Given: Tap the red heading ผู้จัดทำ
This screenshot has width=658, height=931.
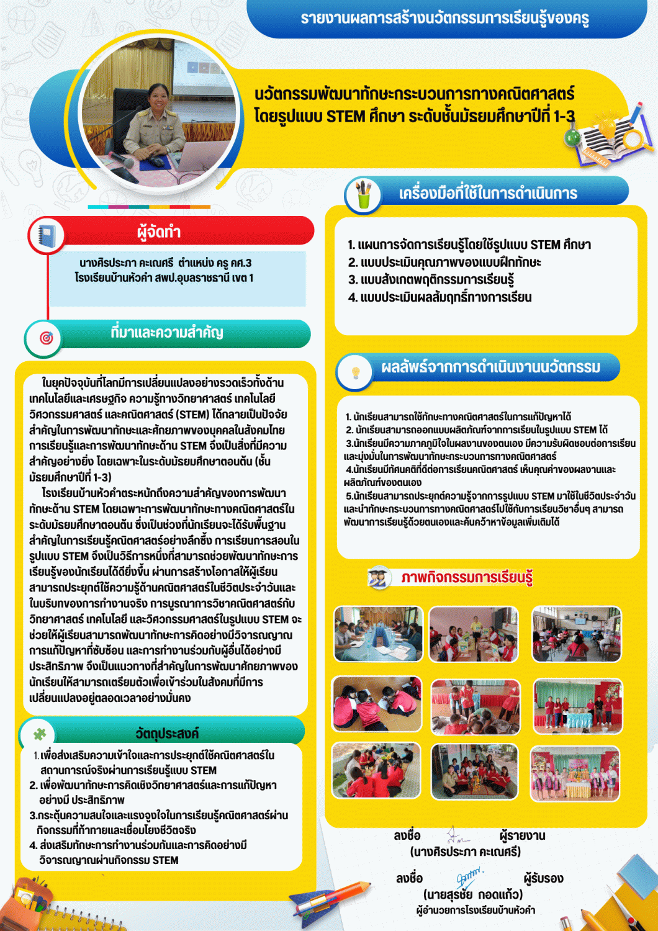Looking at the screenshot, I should pos(159,232).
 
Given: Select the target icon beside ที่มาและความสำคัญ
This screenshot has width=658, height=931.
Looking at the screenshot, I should pos(46,338).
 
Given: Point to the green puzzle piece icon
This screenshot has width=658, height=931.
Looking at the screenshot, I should pos(40,734).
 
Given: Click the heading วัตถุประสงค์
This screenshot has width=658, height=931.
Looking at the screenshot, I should pos(167,734).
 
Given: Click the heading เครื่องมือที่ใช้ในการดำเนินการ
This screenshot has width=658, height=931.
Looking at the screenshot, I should pos(488,193).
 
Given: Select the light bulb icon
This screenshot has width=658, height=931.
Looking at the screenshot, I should pos(356,372).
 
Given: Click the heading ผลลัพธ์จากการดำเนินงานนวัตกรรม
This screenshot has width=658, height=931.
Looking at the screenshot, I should pos(490,367).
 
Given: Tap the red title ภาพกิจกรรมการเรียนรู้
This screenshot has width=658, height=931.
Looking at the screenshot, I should pos(466,577).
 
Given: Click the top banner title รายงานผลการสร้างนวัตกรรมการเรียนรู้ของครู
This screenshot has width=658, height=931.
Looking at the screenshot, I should pos(444,18).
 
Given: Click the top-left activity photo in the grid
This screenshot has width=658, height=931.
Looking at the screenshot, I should pos(378,634).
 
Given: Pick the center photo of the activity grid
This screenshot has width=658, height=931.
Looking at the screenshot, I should pos(475,707).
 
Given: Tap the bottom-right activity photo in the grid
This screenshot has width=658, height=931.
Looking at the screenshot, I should pos(575,773).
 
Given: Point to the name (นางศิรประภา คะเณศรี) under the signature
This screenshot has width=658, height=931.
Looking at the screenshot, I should pos(466,851).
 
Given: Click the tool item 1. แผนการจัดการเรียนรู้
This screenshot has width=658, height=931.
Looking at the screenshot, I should pos(469,245).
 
